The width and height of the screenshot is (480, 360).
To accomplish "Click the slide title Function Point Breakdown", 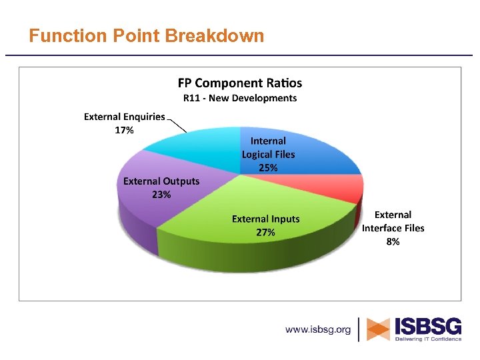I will tap(147, 35).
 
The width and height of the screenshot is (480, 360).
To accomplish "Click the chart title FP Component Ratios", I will tap(239, 83).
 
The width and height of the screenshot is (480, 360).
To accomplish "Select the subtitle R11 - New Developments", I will tap(239, 98).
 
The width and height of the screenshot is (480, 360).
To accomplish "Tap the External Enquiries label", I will tap(124, 117).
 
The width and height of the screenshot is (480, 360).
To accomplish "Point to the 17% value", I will tap(124, 130).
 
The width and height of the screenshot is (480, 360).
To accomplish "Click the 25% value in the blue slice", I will tap(268, 168).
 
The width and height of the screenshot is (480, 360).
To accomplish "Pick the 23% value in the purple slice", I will tap(161, 195).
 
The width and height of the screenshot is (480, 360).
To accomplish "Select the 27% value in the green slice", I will tap(265, 233).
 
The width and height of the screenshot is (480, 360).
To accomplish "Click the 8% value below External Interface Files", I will tap(393, 241).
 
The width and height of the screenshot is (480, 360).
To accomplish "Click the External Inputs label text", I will tap(265, 219).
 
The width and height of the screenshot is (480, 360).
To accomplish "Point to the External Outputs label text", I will tap(161, 181).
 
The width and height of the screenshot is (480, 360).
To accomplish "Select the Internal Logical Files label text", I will tap(268, 147).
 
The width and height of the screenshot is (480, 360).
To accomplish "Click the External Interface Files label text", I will tap(393, 221).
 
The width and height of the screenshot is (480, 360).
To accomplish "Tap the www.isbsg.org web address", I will tap(318, 329).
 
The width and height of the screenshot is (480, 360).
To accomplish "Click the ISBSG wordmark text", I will tap(427, 326).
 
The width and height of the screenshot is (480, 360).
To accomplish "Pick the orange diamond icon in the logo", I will tap(379, 329).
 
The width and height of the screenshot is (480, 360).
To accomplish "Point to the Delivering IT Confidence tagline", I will tap(427, 339).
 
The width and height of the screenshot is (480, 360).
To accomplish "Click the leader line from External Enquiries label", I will tap(177, 125).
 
